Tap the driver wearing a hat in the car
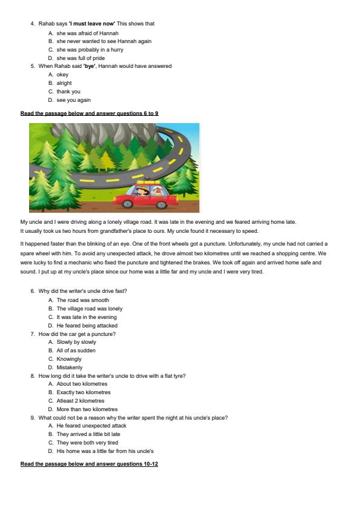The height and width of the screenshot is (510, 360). [141, 192]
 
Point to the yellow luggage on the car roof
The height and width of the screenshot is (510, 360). [148, 182]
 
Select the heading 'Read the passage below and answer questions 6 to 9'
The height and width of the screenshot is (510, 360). [89, 113]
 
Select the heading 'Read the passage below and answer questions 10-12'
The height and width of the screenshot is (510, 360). [89, 464]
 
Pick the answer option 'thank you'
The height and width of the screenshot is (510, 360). [68, 92]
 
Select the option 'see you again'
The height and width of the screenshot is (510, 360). [73, 100]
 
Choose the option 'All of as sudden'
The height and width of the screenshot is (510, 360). [76, 351]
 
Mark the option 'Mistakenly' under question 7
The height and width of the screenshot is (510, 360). [69, 367]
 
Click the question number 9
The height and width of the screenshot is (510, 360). [33, 418]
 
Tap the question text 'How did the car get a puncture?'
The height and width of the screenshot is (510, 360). [77, 334]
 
